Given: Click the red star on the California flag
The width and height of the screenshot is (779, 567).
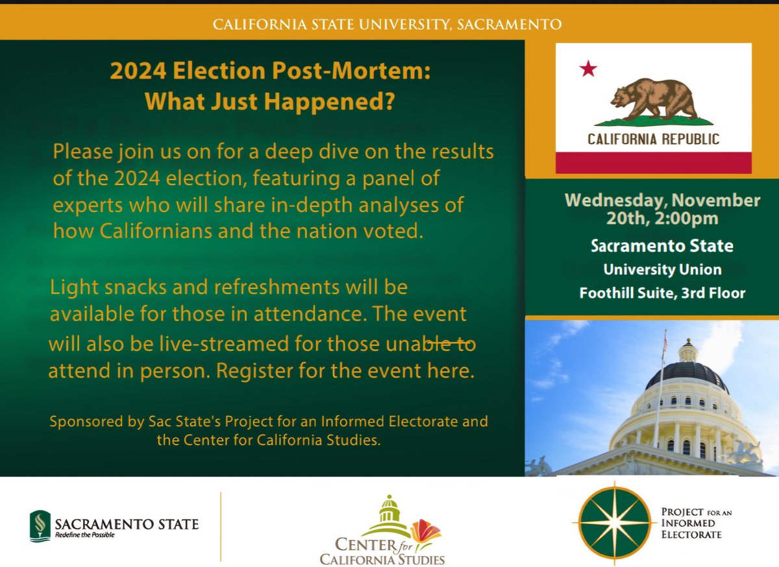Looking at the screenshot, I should [x=588, y=69].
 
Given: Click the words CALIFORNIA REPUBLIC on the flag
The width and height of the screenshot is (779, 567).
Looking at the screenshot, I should [x=653, y=139].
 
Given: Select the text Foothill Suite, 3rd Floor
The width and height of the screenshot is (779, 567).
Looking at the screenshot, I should [x=662, y=293].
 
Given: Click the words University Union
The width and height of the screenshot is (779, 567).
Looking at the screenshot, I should [x=662, y=269].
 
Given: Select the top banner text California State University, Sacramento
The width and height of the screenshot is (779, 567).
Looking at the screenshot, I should [x=388, y=25].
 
